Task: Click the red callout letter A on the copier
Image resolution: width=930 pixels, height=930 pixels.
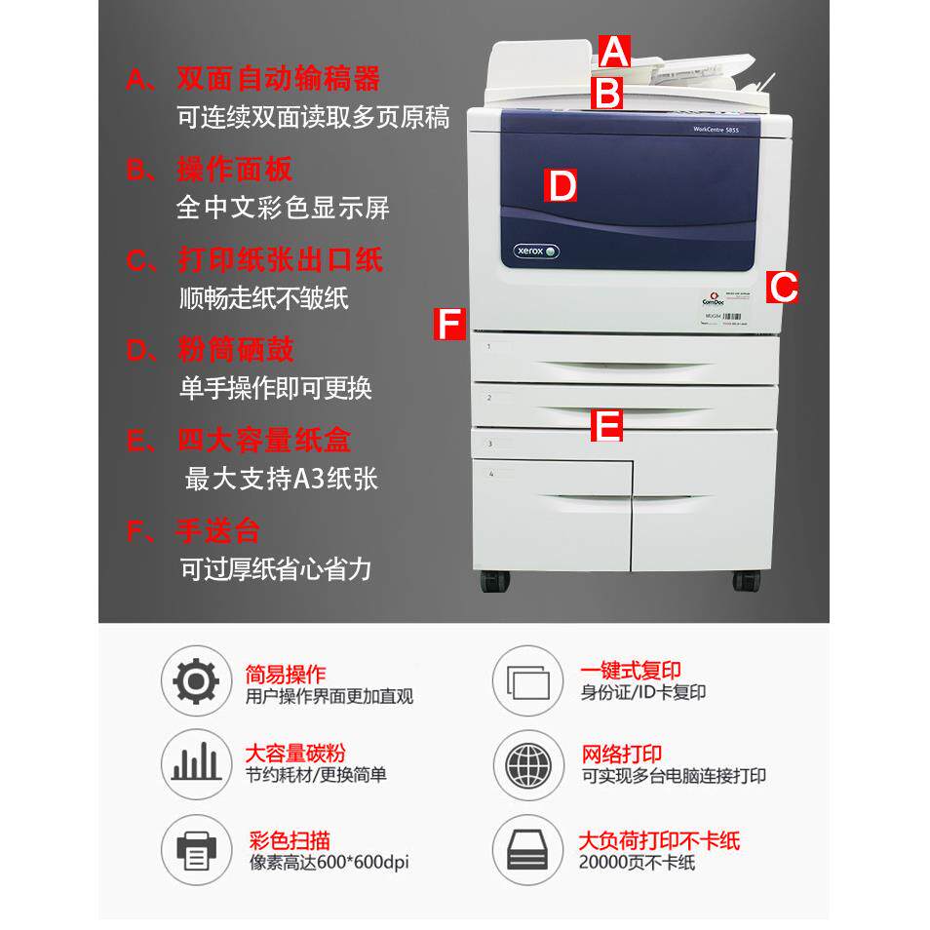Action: [x=615, y=51]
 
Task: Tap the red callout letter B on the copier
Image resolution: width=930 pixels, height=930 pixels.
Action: [x=607, y=94]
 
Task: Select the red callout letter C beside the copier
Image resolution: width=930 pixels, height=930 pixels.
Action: [x=782, y=287]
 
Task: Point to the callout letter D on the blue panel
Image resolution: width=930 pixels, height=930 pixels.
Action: [x=561, y=185]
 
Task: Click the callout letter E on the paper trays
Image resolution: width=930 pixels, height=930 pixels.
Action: [x=607, y=425]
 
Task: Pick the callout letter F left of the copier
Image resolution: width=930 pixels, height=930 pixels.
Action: [x=449, y=324]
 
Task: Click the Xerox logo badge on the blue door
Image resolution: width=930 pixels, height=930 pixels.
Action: [x=536, y=252]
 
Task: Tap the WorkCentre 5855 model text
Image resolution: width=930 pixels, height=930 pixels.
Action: [x=721, y=128]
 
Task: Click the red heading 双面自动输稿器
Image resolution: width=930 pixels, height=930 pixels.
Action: [x=279, y=78]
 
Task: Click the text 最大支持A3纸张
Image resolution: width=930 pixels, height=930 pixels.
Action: [x=281, y=479]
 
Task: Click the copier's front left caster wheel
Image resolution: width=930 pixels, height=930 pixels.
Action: [x=495, y=580]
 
